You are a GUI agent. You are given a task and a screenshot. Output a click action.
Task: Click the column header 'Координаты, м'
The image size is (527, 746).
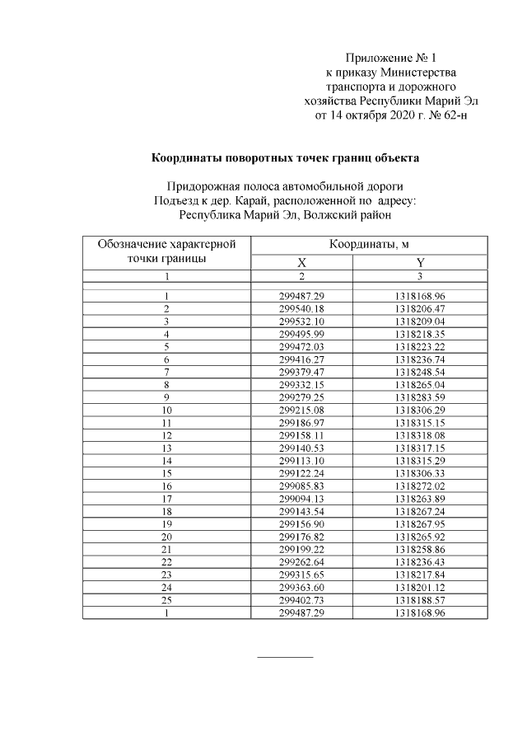click(369, 245)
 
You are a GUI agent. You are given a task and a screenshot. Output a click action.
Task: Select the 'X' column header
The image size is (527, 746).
click(301, 262)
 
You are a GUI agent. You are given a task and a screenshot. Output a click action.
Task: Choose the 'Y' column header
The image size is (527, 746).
click(420, 262)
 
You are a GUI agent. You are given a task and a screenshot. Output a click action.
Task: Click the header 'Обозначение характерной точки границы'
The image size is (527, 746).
click(166, 251)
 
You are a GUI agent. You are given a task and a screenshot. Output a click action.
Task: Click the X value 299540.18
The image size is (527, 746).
click(302, 308)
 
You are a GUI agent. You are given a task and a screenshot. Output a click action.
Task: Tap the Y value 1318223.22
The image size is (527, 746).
click(420, 347)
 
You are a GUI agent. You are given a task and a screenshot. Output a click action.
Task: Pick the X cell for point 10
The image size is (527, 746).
click(302, 410)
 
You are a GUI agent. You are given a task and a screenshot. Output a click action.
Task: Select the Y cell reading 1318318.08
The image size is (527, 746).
click(420, 435)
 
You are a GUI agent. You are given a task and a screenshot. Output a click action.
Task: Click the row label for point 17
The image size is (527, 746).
click(166, 500)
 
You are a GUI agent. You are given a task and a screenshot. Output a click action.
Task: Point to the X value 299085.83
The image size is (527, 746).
click(302, 486)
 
